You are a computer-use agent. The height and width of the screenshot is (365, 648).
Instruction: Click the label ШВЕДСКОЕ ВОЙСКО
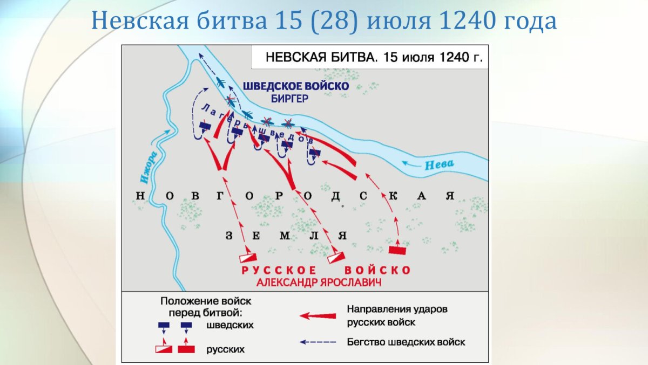[x=296, y=86]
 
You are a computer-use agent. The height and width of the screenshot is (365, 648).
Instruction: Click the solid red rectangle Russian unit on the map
[x=397, y=250]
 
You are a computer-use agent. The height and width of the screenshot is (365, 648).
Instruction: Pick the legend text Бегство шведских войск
[x=406, y=342]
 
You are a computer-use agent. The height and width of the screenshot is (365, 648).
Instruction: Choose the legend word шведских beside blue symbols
[x=230, y=325]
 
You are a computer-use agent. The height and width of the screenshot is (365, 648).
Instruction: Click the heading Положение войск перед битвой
[x=206, y=306]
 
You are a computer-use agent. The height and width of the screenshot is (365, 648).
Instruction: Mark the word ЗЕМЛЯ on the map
[x=285, y=235]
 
